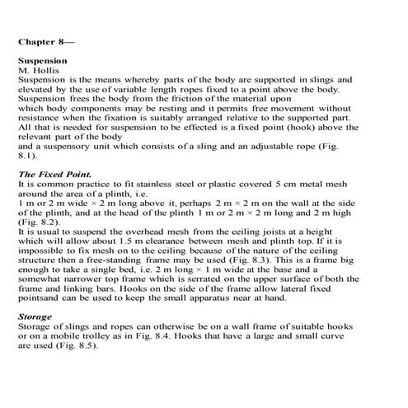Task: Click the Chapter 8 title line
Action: point(48,38)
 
